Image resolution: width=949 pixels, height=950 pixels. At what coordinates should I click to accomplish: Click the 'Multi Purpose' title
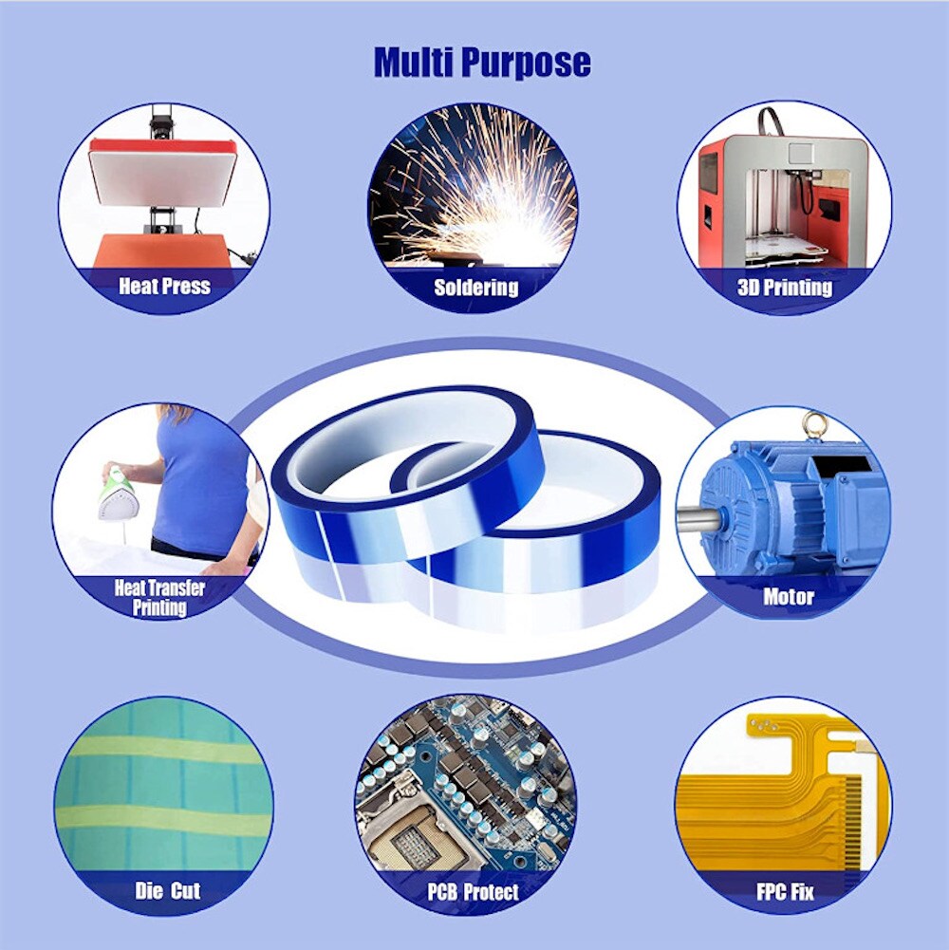[482, 63]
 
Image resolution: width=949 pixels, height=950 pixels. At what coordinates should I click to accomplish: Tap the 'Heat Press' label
[164, 285]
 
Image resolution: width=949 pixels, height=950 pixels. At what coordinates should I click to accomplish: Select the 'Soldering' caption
[476, 287]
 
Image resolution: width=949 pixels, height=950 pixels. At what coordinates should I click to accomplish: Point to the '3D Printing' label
[784, 287]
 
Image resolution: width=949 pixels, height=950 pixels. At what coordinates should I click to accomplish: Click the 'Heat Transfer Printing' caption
[159, 597]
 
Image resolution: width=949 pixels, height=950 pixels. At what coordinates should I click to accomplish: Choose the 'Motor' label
[789, 597]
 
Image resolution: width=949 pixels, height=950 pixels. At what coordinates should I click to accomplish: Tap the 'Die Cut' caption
[167, 890]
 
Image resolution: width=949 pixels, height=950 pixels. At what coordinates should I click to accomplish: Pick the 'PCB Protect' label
[473, 891]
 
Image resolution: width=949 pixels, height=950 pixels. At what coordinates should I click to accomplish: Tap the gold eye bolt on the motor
[811, 423]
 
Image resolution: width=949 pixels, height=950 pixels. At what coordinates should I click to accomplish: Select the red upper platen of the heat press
[163, 148]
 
